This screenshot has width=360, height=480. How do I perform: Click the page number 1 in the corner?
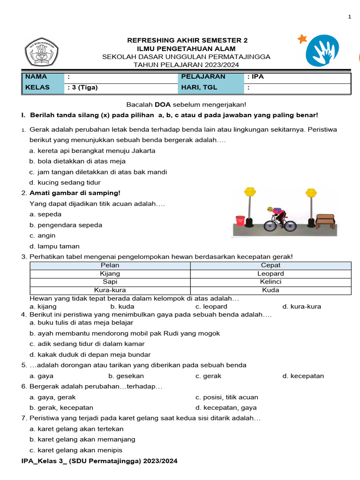point(349,17)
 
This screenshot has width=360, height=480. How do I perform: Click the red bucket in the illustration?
point(240,220)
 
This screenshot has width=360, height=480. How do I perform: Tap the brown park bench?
point(325,220)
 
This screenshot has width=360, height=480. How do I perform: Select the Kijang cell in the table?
point(110,274)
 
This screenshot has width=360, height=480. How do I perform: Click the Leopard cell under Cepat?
point(270,274)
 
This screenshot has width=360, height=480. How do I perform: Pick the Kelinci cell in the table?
point(270,282)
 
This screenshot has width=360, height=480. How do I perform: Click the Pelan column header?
point(110,265)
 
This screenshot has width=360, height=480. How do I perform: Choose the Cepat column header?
point(270,265)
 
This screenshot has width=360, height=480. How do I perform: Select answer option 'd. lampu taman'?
point(54,246)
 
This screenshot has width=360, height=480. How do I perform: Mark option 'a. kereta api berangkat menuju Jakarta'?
point(92,151)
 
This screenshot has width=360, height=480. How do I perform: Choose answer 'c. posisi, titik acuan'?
point(226,397)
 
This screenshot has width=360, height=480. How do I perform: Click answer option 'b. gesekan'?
point(126,376)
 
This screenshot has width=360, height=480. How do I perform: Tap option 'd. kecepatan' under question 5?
point(303,376)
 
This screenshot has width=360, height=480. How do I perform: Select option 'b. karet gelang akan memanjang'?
point(82,439)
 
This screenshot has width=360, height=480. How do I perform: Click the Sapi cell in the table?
point(110,282)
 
